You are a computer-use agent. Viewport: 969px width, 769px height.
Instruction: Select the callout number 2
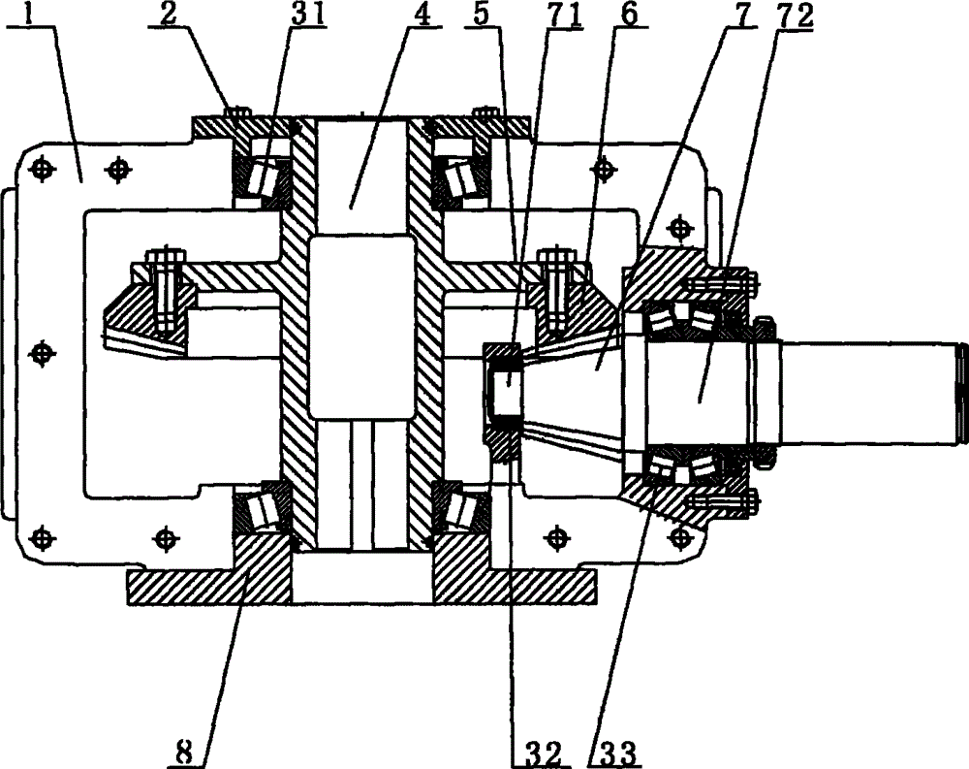167,15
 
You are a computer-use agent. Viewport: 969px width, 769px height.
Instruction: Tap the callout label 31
308,15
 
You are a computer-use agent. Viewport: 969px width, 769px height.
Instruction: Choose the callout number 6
629,15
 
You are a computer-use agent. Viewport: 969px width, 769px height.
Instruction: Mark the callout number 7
746,15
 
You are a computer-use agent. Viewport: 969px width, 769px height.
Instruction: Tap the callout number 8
183,753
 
